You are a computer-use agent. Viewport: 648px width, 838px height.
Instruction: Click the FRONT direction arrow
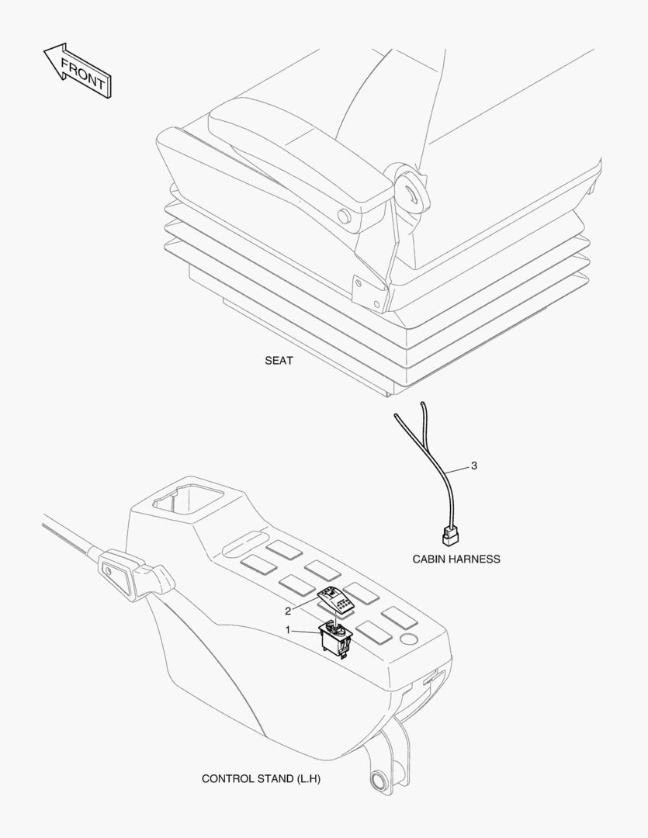pyautogui.click(x=78, y=70)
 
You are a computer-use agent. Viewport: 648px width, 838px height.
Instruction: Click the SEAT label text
pyautogui.click(x=279, y=361)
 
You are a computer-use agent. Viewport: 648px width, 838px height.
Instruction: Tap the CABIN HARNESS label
pyautogui.click(x=456, y=559)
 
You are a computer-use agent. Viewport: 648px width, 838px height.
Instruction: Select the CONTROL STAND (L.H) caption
pyautogui.click(x=261, y=779)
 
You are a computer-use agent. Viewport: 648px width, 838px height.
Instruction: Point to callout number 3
pyautogui.click(x=473, y=466)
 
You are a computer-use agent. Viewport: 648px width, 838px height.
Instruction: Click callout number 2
pyautogui.click(x=288, y=611)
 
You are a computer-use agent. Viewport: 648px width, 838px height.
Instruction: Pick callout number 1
pyautogui.click(x=288, y=631)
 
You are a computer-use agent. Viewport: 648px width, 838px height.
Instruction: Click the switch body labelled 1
pyautogui.click(x=335, y=639)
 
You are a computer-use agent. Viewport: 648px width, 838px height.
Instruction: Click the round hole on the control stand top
pyautogui.click(x=409, y=638)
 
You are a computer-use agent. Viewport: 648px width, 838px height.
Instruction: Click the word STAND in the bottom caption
pyautogui.click(x=275, y=779)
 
